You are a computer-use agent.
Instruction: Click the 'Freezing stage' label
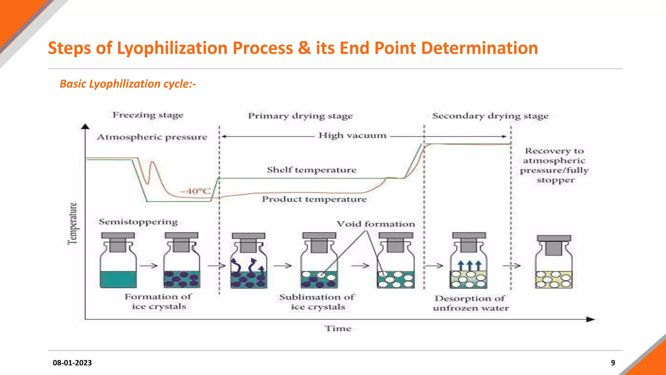tap(148, 115)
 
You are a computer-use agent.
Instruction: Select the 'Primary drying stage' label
tap(300, 116)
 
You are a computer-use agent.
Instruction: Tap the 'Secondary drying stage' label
tap(490, 116)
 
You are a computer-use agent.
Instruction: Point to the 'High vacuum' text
tap(353, 135)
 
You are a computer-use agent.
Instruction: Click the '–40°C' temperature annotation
tap(195, 191)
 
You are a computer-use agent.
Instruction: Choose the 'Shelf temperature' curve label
tap(312, 170)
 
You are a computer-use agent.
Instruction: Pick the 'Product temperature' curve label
tap(314, 199)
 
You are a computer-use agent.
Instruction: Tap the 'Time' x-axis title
tap(338, 328)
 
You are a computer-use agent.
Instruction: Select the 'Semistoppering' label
tap(138, 222)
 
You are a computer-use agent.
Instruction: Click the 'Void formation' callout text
tap(376, 224)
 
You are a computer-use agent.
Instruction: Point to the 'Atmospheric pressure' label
tap(152, 137)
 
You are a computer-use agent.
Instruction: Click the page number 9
tap(613, 363)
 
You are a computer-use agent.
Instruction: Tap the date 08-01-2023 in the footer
tap(72, 363)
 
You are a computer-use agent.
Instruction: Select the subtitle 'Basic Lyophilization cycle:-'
tap(128, 84)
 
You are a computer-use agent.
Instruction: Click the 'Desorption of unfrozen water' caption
tap(471, 303)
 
